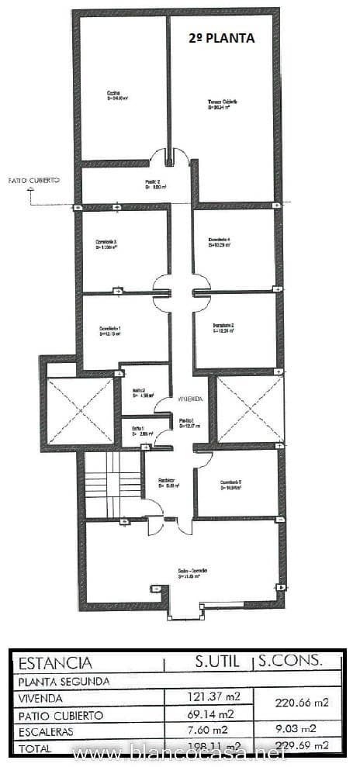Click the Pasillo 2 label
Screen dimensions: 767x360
153,184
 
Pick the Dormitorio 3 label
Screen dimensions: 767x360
106,245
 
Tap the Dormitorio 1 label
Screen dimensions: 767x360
109,331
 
